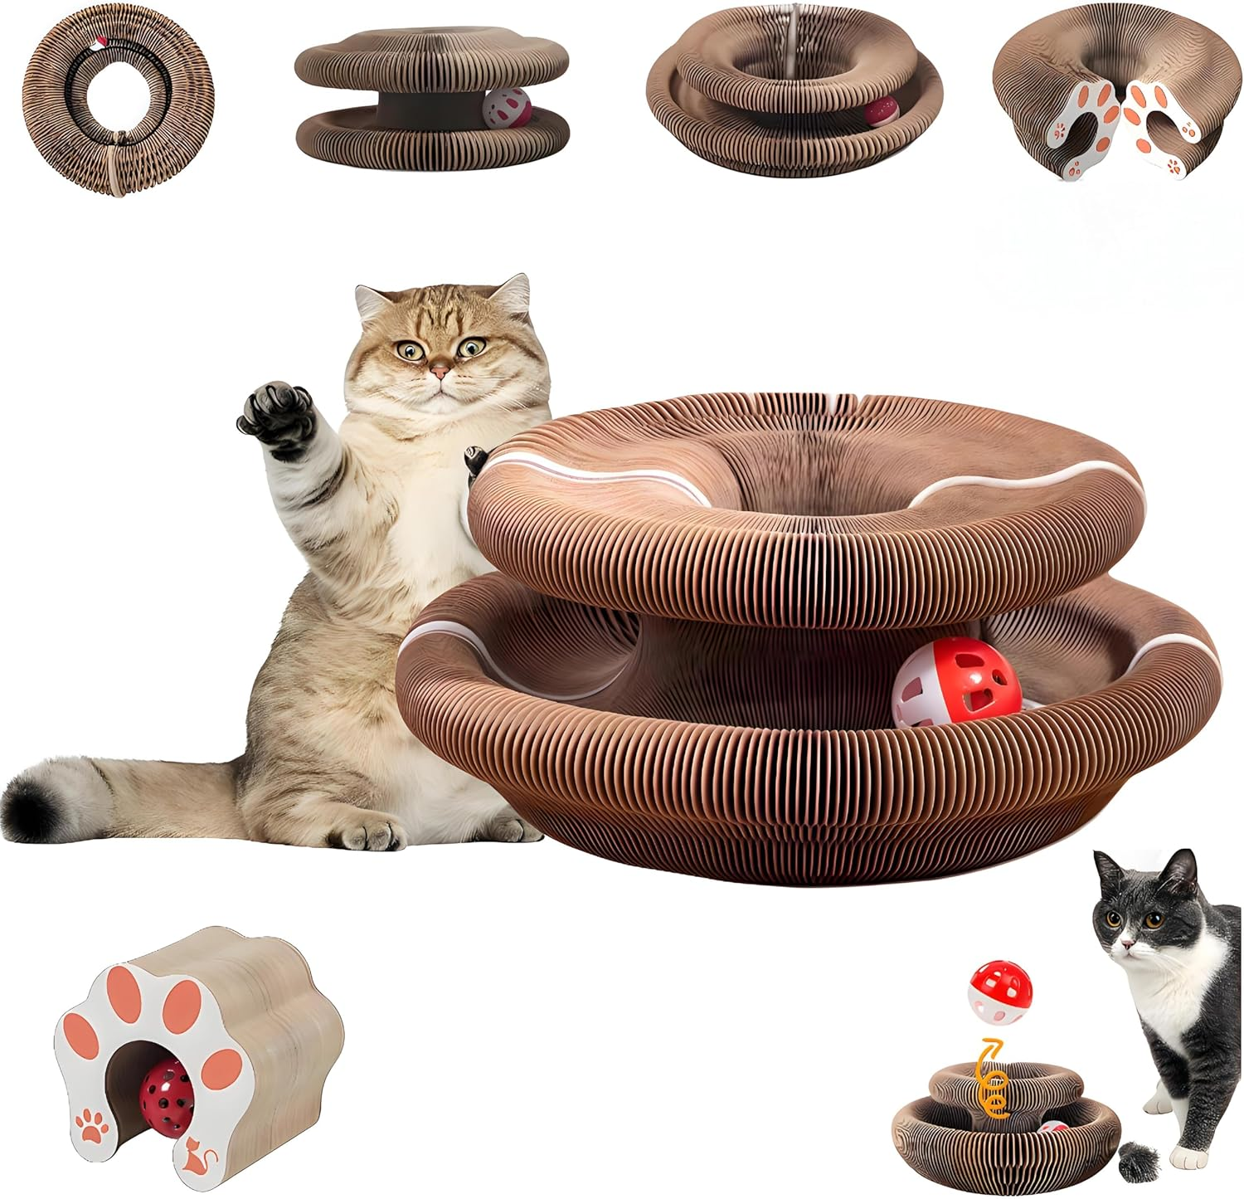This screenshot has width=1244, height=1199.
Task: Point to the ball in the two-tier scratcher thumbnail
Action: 507,107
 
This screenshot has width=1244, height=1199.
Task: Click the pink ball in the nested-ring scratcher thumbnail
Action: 881,110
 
